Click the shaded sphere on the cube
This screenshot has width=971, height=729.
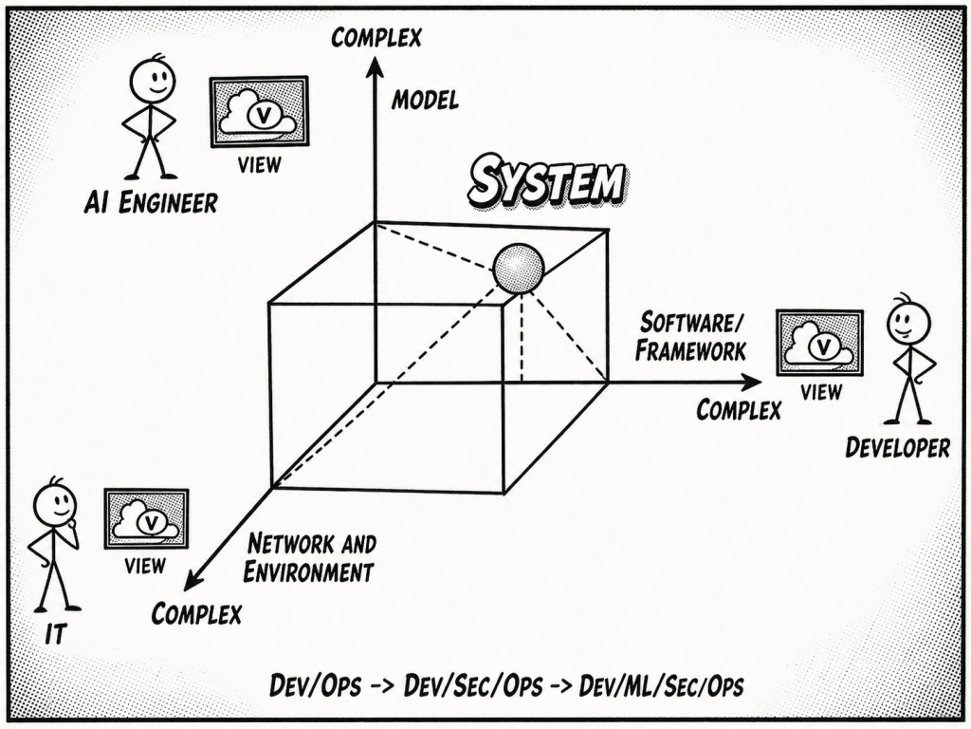coord(518,269)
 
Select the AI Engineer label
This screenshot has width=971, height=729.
coord(150,202)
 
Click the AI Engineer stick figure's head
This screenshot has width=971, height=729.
coord(152,80)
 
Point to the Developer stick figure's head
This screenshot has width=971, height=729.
coord(907,323)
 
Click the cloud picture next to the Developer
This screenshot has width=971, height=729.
coord(819,343)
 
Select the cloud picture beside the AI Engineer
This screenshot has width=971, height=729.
coord(259,112)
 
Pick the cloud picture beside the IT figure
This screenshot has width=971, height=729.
coord(146,519)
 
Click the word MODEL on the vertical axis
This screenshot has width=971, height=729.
coord(425,99)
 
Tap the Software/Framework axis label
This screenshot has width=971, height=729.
coord(690,336)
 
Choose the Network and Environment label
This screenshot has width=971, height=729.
coord(309,558)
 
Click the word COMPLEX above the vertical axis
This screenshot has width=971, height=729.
coord(376,37)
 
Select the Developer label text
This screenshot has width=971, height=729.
coord(897,447)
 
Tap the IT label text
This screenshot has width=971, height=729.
coord(56,634)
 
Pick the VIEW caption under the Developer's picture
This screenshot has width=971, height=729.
coord(820,391)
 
